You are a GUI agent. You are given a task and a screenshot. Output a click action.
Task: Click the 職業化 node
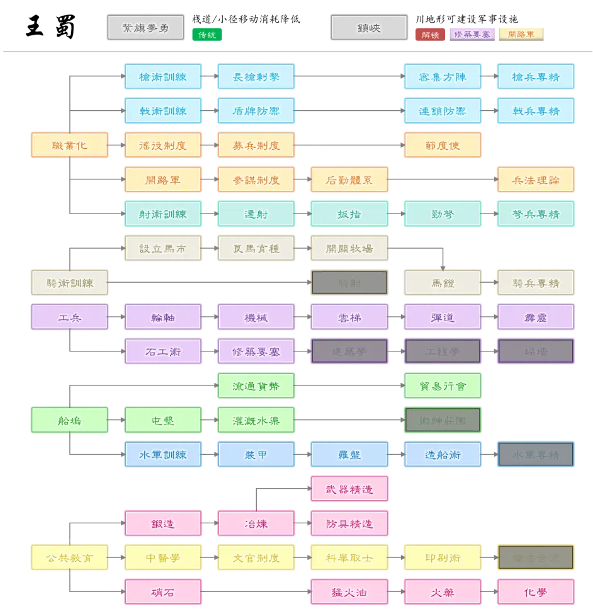(70, 145)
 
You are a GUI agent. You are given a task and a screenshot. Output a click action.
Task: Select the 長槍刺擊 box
(256, 77)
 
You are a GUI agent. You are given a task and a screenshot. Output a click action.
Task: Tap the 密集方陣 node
(443, 77)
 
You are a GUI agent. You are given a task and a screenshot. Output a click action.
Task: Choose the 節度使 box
(443, 145)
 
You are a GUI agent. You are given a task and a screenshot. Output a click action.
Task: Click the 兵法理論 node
(536, 180)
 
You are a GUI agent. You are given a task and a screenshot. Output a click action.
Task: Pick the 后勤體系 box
(349, 180)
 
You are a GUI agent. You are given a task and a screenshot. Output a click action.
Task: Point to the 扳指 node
(349, 214)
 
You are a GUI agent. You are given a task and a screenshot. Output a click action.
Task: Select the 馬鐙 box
(443, 283)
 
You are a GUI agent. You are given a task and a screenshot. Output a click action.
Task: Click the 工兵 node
(70, 317)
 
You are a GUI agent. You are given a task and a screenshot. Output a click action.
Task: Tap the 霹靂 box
(536, 317)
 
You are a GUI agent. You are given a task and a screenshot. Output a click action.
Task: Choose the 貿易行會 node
(443, 386)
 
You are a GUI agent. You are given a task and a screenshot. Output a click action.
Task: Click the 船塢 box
(70, 420)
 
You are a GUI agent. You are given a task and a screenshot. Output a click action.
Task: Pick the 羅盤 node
(349, 455)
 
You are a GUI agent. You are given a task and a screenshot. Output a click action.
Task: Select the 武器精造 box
(349, 489)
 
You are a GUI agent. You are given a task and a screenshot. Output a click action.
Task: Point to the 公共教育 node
(70, 557)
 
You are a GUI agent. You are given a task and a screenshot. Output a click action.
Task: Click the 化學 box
(536, 592)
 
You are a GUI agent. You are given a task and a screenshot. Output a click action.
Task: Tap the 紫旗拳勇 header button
(145, 28)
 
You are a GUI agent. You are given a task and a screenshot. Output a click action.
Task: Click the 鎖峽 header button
(368, 28)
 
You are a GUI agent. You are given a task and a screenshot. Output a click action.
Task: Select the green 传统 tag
(207, 35)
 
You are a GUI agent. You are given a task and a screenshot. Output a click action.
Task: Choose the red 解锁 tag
(431, 35)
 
